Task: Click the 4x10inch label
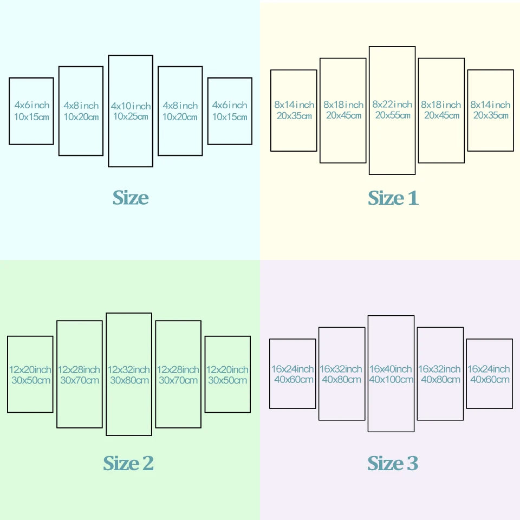(131, 106)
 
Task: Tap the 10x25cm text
(131, 116)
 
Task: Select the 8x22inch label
(392, 105)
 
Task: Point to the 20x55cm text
(393, 115)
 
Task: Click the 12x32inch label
(129, 369)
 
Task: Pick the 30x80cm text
(129, 380)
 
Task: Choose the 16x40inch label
(391, 369)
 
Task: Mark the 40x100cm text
(391, 379)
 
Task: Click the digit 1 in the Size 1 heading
(413, 198)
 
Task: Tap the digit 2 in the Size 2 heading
(148, 463)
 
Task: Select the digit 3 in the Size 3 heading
(413, 463)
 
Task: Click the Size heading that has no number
(131, 198)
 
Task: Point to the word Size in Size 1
(386, 198)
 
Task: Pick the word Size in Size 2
(121, 463)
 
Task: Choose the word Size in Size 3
(385, 463)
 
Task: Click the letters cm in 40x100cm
(406, 380)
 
